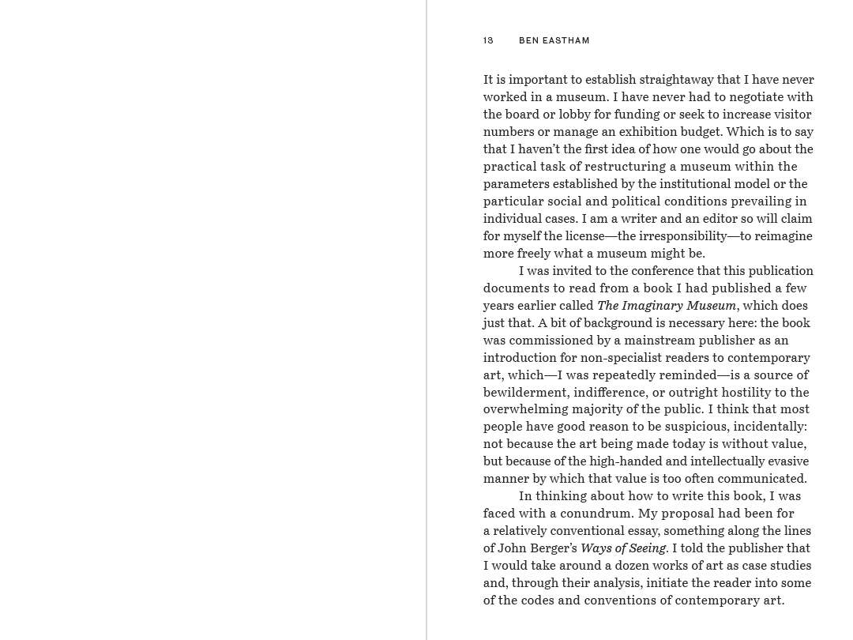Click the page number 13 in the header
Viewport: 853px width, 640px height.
(488, 40)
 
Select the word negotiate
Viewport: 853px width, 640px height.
(744, 97)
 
